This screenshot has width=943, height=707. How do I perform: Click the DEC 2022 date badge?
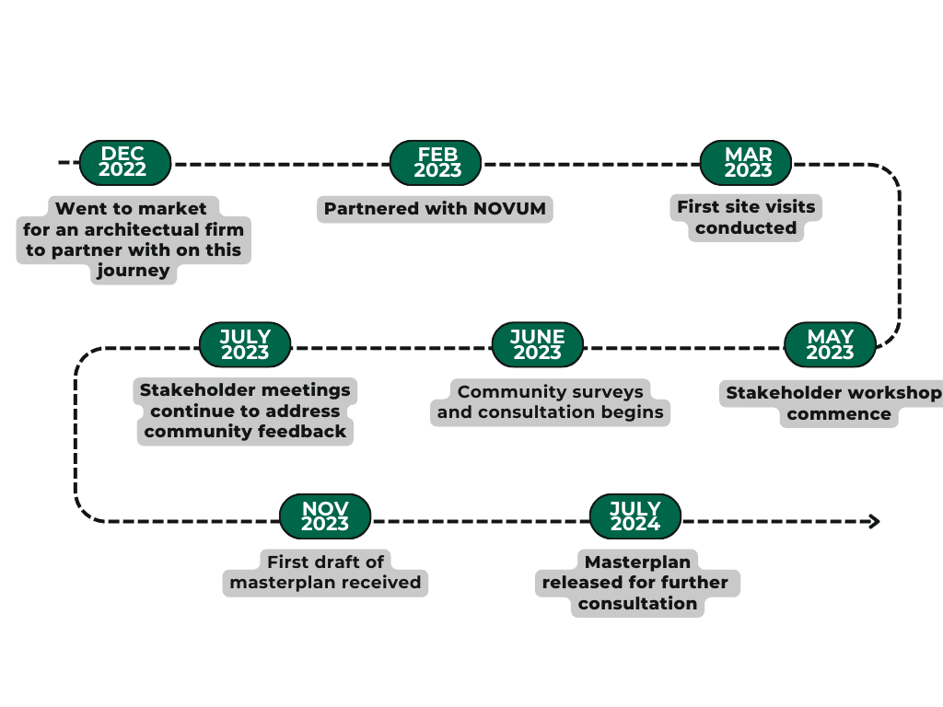coord(123,162)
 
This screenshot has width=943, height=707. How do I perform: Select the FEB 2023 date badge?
coord(437,162)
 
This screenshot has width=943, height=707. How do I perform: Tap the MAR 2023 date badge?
coord(748,162)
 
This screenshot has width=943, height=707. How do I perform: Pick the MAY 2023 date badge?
coord(830,344)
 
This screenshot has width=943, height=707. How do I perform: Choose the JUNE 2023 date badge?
coord(538,344)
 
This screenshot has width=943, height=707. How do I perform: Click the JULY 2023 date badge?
coord(245,344)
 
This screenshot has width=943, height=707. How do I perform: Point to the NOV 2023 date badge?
coord(325,516)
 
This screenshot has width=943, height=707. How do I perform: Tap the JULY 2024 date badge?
coord(635,516)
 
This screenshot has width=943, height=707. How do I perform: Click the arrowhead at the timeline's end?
coord(872,522)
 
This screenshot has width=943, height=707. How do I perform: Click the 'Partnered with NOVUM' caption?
coord(435,209)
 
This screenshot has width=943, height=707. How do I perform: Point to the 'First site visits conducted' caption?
coord(746,217)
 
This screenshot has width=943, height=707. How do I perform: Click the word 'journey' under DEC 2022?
coord(134,271)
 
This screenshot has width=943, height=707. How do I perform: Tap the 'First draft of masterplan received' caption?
coord(325,572)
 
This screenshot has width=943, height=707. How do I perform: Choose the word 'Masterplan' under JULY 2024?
coord(637,562)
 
